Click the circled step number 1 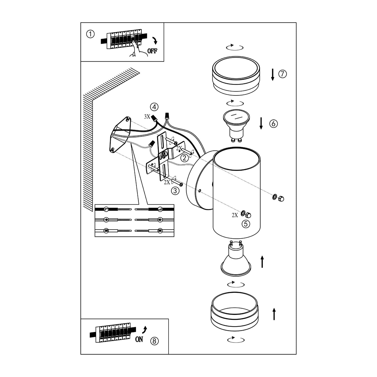pos(90,34)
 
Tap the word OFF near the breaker pos(152,51)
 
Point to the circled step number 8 pos(154,341)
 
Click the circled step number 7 pos(283,74)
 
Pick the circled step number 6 pos(273,123)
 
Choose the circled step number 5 pos(246,224)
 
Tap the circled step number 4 pos(154,107)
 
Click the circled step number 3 pos(175,191)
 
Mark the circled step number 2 pos(184,158)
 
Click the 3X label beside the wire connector pos(147,117)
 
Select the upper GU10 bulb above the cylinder pos(237,125)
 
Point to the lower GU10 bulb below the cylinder pos(236,258)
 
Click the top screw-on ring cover pos(236,76)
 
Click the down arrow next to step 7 pos(272,75)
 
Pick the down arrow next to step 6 pos(261,123)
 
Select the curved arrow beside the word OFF pos(155,40)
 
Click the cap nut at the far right pos(281,198)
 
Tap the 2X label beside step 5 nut pos(235,215)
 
